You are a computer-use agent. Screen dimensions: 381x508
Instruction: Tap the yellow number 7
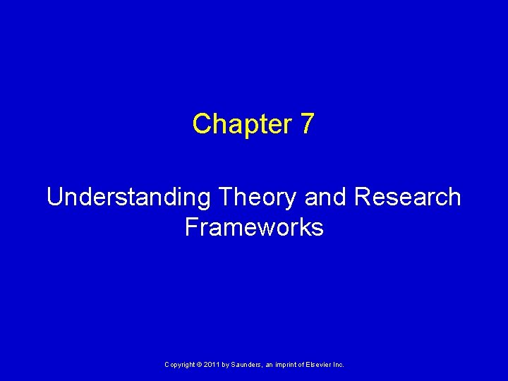click(x=307, y=124)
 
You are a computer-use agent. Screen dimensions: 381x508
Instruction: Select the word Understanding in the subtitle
click(x=128, y=198)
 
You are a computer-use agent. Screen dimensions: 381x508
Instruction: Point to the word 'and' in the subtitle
click(x=326, y=198)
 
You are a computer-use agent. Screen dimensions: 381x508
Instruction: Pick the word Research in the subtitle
click(x=408, y=198)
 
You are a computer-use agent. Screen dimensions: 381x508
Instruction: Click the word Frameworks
click(x=254, y=227)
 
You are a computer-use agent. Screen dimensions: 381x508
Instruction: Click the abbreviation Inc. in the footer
click(x=339, y=364)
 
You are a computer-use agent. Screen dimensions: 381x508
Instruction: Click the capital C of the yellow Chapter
click(x=201, y=124)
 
